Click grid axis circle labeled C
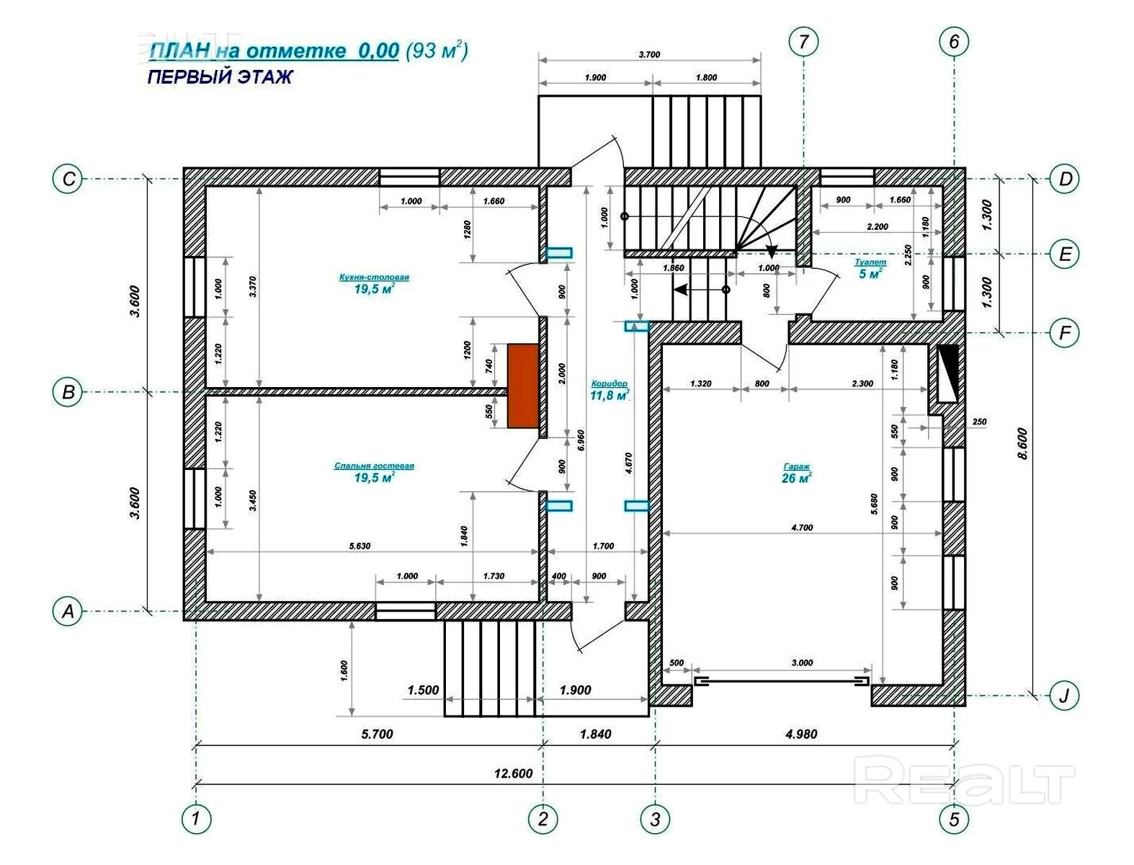[x=68, y=178]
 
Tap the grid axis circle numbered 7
[x=803, y=41]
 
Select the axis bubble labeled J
[x=1064, y=696]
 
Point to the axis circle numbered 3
[x=655, y=819]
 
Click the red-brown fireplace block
[x=523, y=386]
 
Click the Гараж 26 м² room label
[x=796, y=473]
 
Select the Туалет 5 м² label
[x=870, y=269]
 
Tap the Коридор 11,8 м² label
[x=610, y=391]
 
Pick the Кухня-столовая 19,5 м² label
[x=374, y=283]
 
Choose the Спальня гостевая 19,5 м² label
[x=374, y=472]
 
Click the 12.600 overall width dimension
[x=513, y=773]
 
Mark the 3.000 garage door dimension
[x=802, y=662]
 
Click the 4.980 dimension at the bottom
[x=801, y=734]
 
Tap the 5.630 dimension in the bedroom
[x=360, y=546]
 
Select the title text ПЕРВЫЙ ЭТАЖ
[x=220, y=76]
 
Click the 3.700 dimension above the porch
[x=649, y=54]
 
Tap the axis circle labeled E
[x=1065, y=254]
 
